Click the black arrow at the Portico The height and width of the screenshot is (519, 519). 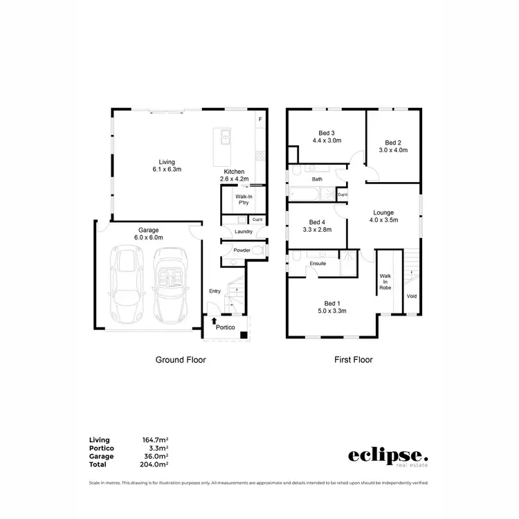tap(215, 322)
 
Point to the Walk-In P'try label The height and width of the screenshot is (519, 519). tap(234, 200)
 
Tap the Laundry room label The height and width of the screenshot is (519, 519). tap(244, 232)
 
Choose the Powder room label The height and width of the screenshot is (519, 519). tap(242, 251)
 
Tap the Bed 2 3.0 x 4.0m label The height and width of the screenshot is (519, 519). tap(393, 146)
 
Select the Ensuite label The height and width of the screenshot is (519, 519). tap(318, 264)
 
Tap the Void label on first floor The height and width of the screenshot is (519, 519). tap(412, 296)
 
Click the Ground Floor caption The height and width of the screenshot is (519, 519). tap(181, 360)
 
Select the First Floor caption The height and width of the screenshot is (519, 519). tap(354, 360)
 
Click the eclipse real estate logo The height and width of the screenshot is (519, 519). tap(388, 457)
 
